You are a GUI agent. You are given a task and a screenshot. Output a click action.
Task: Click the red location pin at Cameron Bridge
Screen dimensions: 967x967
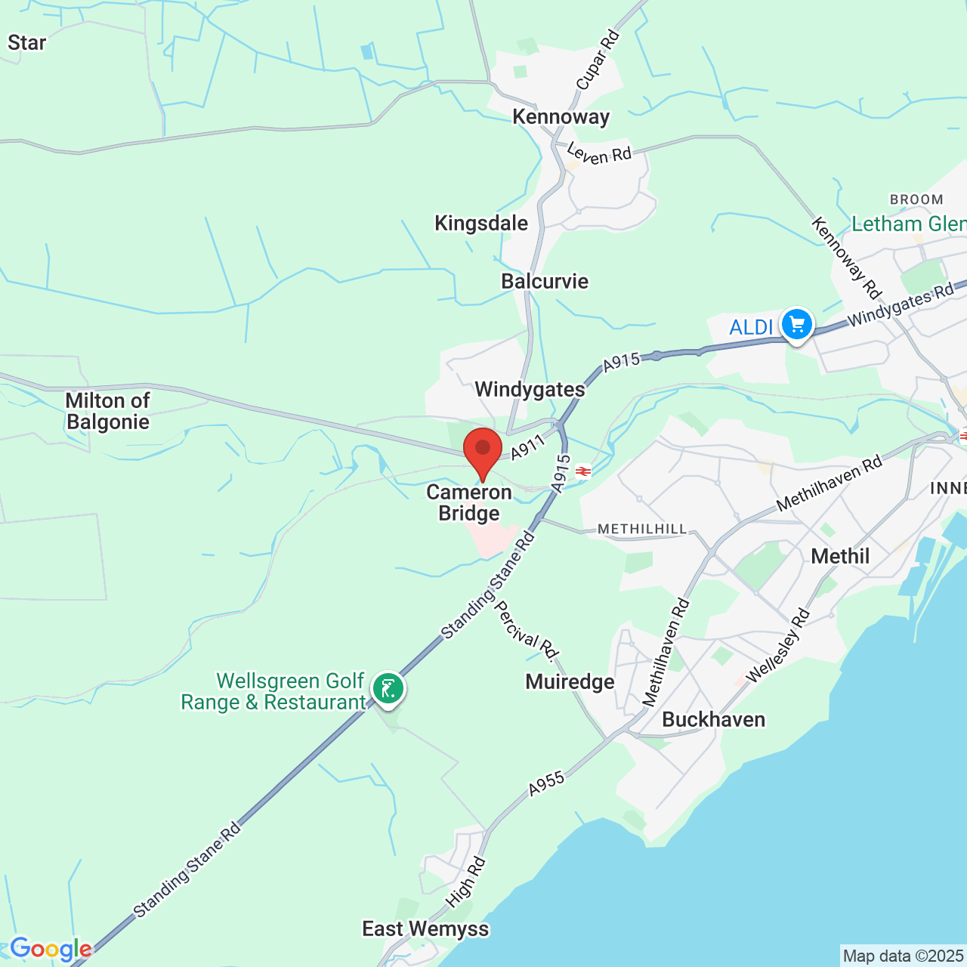[x=482, y=450]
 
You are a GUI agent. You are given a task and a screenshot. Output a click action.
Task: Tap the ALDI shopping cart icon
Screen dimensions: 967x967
[x=796, y=325]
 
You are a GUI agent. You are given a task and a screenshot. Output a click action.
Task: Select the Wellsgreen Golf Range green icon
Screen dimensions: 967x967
[x=388, y=689]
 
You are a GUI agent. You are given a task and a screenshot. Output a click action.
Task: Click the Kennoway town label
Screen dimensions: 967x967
[x=561, y=117]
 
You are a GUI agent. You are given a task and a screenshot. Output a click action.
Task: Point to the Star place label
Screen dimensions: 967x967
[x=27, y=43]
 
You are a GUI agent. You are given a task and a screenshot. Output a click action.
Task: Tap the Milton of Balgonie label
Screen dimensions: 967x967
[x=108, y=411]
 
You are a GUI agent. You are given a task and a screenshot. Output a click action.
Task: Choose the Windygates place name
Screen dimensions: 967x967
[x=530, y=390]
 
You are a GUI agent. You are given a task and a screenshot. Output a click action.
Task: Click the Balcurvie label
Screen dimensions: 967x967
[x=545, y=282]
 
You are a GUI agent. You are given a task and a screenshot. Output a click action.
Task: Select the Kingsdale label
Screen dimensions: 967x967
[x=481, y=224]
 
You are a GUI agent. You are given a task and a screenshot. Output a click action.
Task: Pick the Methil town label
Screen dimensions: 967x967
[x=840, y=557]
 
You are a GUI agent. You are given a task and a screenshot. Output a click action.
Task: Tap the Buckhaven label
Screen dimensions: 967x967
[x=713, y=719]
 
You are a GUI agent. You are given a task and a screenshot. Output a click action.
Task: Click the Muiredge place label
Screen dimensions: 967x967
[x=570, y=682]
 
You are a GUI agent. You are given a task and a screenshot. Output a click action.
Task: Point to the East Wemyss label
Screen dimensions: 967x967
[x=425, y=928]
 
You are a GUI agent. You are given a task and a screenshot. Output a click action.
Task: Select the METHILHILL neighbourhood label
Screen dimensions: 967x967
[x=642, y=530]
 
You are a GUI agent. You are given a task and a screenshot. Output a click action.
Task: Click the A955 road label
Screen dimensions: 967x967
[x=546, y=784]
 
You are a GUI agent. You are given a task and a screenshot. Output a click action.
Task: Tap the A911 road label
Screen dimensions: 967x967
[x=527, y=447]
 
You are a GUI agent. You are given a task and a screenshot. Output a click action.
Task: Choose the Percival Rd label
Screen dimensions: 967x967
[x=526, y=629]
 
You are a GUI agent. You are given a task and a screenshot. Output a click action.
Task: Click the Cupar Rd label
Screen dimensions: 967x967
[x=598, y=60]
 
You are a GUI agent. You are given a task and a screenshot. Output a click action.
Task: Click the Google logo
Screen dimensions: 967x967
[x=51, y=949]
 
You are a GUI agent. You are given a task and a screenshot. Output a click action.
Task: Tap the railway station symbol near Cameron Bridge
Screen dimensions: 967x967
[x=582, y=471]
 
